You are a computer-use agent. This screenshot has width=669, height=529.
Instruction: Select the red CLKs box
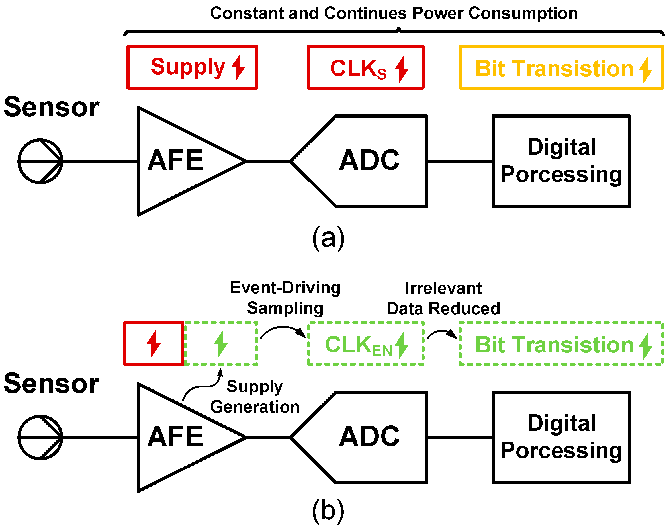pos(365,67)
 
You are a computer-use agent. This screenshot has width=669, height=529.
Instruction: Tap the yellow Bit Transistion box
pos(561,67)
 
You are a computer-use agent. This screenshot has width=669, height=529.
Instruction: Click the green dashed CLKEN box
pos(365,344)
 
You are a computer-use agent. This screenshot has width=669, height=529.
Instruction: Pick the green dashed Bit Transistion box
pos(561,344)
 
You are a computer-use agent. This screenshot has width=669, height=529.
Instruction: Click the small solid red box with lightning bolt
pos(154,343)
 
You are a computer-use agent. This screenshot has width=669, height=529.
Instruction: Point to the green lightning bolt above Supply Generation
pos(221,343)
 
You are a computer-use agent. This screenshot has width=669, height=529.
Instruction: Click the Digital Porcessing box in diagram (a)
pos(561,161)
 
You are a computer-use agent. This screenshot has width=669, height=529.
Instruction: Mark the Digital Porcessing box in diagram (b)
pos(561,437)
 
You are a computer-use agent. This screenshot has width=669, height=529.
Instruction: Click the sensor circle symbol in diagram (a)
pos(40,161)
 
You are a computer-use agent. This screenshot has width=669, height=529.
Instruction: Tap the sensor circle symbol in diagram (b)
pos(40,437)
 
